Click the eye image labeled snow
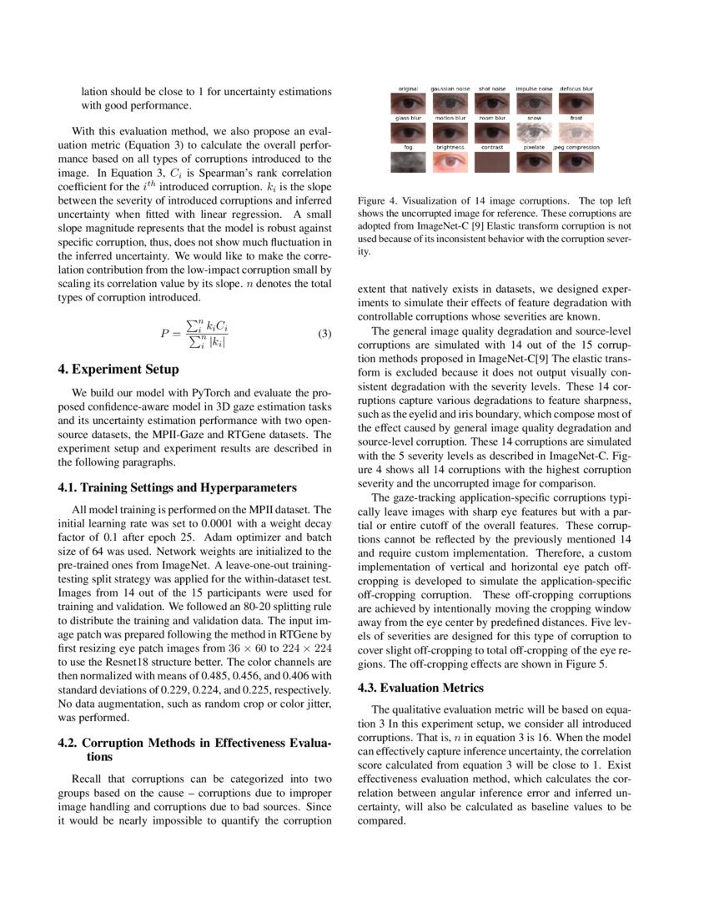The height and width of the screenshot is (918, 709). coord(535,134)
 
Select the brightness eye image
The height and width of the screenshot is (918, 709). coord(450,162)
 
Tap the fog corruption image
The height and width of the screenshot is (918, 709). coord(408,162)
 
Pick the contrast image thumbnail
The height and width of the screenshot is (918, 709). coord(492,162)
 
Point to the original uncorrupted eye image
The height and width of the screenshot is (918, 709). coord(408,103)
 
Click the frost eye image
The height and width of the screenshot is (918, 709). coord(576,134)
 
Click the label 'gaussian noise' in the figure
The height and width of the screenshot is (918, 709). coord(450,88)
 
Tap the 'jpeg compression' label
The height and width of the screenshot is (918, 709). coord(576,148)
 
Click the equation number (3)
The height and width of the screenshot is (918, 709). coord(324,334)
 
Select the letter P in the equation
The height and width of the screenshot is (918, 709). coord(165,334)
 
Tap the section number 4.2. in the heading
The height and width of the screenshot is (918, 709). coord(68,743)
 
